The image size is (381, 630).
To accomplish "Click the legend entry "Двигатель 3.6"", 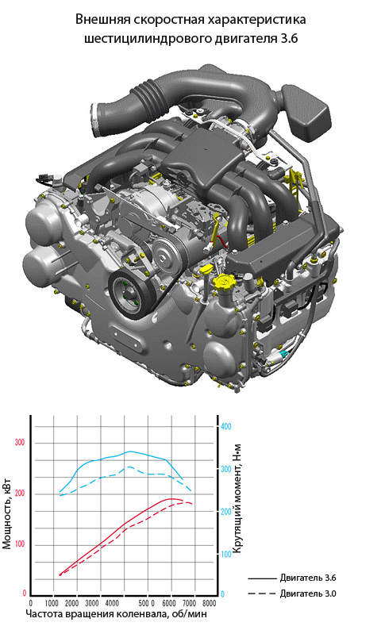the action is pyautogui.click(x=292, y=578).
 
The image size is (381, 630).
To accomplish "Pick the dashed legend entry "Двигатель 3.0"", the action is pyautogui.click(x=292, y=593).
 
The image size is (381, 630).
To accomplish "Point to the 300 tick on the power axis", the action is pyautogui.click(x=20, y=443).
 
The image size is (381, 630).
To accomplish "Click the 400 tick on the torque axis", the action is pyautogui.click(x=226, y=426).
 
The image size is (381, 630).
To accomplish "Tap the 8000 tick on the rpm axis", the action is pyautogui.click(x=209, y=603).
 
